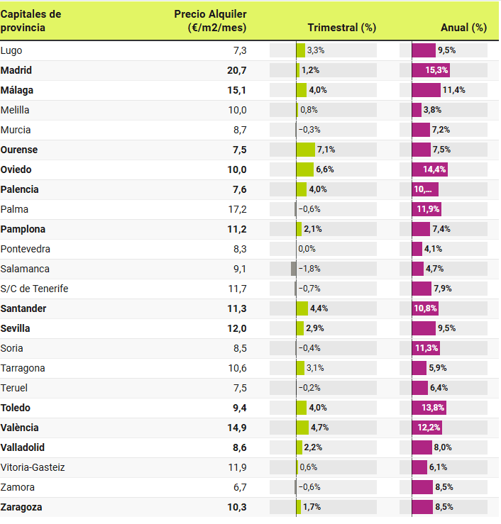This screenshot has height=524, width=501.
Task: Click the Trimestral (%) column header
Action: click(x=341, y=28)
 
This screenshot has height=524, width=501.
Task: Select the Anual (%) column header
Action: click(x=463, y=28)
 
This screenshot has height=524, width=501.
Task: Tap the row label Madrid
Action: click(x=16, y=70)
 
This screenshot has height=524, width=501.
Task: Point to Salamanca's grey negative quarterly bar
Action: click(x=293, y=269)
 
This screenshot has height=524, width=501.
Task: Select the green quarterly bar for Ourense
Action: click(x=305, y=150)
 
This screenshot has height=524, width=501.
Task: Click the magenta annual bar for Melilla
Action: click(x=417, y=110)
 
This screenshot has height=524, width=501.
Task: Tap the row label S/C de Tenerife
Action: click(x=35, y=289)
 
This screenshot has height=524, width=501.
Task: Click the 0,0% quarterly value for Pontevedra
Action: click(x=307, y=249)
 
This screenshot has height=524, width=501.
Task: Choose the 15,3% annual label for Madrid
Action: click(x=436, y=70)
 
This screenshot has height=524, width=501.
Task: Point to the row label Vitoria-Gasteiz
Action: click(x=33, y=467)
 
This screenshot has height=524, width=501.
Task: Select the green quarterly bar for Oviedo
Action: click(x=304, y=169)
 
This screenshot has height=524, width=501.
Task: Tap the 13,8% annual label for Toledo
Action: click(x=433, y=408)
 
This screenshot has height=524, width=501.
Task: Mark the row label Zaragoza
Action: click(x=21, y=507)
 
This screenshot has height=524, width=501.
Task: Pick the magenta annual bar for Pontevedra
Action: click(x=417, y=249)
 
